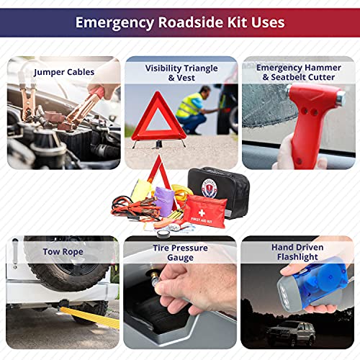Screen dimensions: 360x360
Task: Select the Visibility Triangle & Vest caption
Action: (x=180, y=73)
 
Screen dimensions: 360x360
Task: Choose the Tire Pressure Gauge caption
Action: (x=180, y=252)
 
